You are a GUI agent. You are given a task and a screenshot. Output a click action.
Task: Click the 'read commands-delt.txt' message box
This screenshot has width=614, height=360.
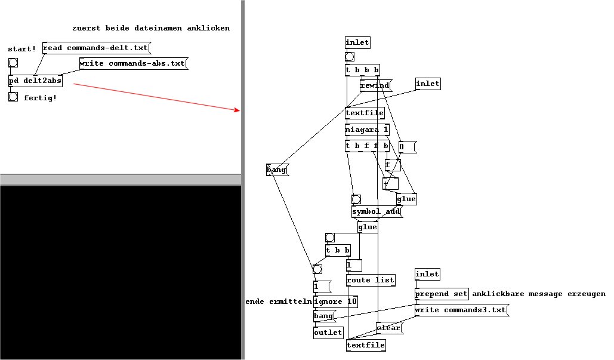(x=95, y=48)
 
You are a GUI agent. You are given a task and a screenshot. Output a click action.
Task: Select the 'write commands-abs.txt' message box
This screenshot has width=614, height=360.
(x=132, y=63)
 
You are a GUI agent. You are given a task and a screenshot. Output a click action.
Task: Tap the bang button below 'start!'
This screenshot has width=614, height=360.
(x=13, y=63)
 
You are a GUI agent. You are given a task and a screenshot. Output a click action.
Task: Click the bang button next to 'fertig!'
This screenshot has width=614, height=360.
(x=13, y=97)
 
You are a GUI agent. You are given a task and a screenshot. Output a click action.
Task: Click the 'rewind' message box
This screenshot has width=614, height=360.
(x=375, y=85)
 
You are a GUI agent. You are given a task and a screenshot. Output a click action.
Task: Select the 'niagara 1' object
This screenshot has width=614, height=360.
(x=367, y=130)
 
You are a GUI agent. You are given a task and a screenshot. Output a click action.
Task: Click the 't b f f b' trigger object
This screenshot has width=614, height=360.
(x=367, y=146)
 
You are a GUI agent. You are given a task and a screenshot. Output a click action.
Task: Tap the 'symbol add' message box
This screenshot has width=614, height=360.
(x=376, y=211)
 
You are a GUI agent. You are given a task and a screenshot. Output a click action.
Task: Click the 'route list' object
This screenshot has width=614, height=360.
(x=371, y=279)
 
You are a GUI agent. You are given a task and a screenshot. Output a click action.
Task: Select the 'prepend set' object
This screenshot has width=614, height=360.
(x=442, y=294)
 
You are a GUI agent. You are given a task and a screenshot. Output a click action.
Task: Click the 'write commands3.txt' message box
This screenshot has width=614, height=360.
(x=461, y=310)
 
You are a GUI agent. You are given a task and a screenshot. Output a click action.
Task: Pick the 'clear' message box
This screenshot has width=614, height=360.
(x=388, y=328)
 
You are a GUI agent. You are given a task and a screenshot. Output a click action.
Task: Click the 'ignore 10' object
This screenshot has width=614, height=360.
(x=335, y=301)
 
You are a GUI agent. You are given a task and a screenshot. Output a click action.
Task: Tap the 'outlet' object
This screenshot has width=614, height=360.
(x=328, y=333)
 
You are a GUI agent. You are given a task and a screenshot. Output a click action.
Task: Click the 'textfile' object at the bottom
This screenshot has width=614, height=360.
(x=365, y=345)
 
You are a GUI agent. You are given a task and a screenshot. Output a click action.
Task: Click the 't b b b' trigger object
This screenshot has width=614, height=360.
(x=362, y=70)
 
